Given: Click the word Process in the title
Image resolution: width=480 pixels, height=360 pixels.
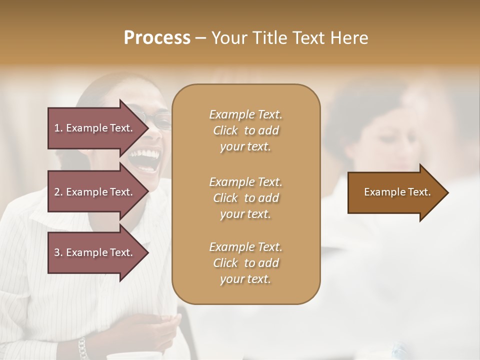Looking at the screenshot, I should (x=157, y=38).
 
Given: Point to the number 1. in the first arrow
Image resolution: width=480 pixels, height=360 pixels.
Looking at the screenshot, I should (x=58, y=128).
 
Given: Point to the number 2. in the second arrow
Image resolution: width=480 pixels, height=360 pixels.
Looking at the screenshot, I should (x=58, y=192).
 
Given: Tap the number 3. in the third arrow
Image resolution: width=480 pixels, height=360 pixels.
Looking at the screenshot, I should (x=58, y=252).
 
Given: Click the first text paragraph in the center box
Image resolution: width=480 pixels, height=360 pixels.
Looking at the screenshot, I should (x=245, y=130).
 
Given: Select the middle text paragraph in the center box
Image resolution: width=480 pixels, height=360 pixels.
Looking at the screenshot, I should (x=245, y=198).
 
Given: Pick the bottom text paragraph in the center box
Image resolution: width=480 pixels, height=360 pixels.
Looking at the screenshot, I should (x=245, y=263).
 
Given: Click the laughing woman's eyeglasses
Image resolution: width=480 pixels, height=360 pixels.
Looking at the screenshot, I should (x=159, y=120).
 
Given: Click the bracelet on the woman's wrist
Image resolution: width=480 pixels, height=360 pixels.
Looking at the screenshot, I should (x=82, y=348).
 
